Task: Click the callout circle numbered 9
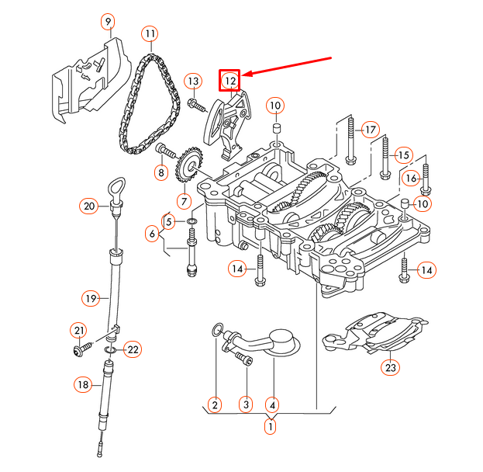tap(108, 21)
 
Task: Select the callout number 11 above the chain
tap(149, 34)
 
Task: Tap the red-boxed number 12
tap(230, 80)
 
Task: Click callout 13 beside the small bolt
tap(192, 82)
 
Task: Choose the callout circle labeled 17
tap(370, 129)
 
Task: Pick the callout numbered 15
tap(402, 154)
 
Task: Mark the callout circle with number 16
tap(412, 179)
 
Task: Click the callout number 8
tap(161, 172)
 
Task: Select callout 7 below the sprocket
tap(184, 201)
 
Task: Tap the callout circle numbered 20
tap(89, 206)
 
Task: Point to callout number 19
tap(91, 297)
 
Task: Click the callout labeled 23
tap(389, 367)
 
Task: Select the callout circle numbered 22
tap(133, 350)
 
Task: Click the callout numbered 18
tap(83, 383)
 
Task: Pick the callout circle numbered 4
tap(271, 404)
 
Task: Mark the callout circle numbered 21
tap(78, 331)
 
